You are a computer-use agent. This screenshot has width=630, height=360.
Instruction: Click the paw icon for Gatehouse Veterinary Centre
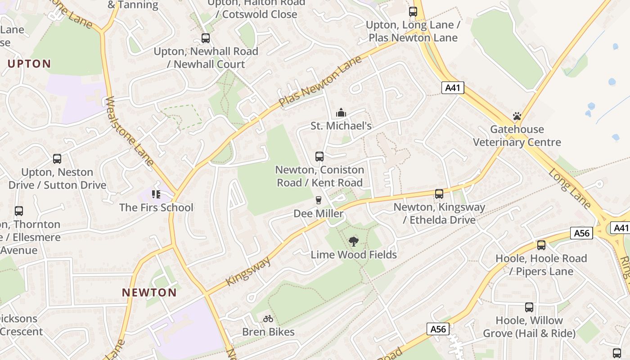coord(517,117)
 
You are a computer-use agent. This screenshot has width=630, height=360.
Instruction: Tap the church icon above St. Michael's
coord(341,112)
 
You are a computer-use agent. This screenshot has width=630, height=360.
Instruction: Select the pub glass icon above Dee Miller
coord(319,200)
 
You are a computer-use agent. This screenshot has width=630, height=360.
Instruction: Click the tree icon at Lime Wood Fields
coord(354,242)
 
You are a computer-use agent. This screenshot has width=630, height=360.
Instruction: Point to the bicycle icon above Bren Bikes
coord(268,319)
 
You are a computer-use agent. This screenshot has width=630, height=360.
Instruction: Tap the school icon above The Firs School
coord(156,194)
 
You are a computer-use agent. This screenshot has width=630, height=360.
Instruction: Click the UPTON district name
coord(29,63)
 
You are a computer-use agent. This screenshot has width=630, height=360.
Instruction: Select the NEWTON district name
coord(149,292)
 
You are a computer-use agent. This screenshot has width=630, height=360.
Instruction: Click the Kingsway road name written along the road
coord(248,270)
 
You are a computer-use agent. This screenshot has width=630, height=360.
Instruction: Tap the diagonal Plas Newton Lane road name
coord(320,81)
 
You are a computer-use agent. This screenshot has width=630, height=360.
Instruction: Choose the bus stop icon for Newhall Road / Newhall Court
coord(206,38)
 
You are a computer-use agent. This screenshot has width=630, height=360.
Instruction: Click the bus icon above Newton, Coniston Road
coord(319,157)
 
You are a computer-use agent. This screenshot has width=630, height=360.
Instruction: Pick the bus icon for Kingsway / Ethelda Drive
coord(439,194)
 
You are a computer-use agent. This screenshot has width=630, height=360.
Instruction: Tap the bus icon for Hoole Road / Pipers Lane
coord(541,245)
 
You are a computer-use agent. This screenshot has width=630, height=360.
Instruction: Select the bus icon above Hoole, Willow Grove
coord(529,307)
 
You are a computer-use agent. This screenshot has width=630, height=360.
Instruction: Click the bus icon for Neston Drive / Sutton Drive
coord(57,159)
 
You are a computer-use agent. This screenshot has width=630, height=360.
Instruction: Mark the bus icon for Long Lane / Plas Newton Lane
coord(413,12)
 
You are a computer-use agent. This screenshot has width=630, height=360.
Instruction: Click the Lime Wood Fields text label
coord(354,255)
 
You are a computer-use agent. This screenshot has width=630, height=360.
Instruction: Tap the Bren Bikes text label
coord(268,332)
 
